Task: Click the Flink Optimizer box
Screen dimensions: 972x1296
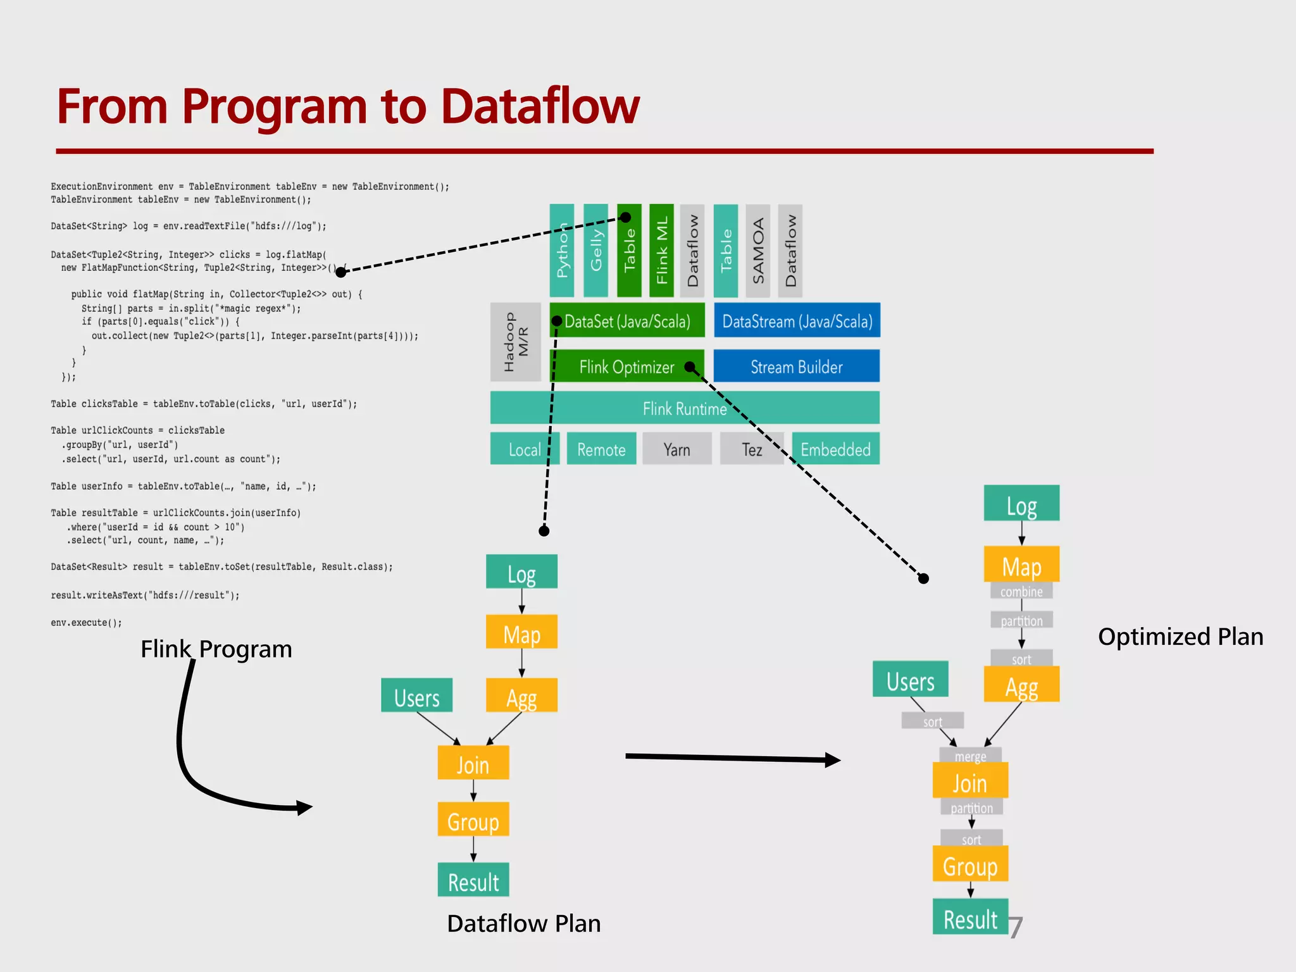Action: (x=626, y=366)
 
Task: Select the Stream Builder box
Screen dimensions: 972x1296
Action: (x=796, y=366)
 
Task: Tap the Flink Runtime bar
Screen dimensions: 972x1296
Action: (x=684, y=408)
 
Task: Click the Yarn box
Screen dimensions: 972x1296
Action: (x=676, y=449)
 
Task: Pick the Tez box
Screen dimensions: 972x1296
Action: (x=752, y=449)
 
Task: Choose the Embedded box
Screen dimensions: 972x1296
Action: (x=835, y=449)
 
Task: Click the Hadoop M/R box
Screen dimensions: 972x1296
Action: (x=515, y=342)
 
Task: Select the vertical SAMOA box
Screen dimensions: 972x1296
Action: (x=758, y=251)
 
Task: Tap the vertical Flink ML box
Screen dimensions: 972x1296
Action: (x=662, y=251)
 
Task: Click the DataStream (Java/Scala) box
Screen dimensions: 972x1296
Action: (x=797, y=321)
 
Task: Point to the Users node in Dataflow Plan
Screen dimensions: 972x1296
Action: (x=416, y=696)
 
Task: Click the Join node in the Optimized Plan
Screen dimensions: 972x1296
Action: (x=969, y=782)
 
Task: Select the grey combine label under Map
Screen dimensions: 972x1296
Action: (x=1021, y=591)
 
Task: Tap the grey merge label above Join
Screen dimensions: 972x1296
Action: (x=970, y=756)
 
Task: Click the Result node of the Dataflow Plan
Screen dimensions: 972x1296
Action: (x=473, y=880)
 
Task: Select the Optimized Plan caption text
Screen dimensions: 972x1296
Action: (x=1180, y=637)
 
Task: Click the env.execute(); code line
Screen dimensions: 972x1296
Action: (x=86, y=623)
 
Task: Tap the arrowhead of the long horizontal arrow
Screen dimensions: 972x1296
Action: (x=834, y=760)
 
